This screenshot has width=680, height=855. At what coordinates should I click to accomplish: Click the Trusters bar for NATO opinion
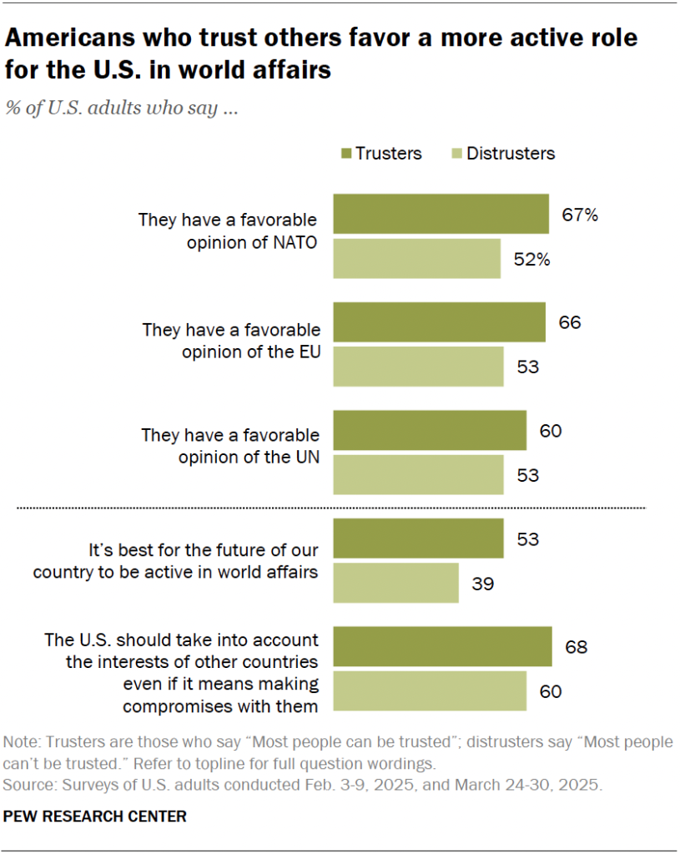441,214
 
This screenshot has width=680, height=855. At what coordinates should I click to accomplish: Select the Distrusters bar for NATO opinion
416,259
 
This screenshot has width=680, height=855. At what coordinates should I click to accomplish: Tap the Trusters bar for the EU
439,322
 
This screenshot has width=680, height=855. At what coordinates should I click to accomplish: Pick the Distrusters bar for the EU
418,367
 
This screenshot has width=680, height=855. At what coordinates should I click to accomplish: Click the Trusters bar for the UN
430,430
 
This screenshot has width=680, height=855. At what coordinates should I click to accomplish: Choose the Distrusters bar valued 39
395,583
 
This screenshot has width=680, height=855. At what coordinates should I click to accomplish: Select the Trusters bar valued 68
442,646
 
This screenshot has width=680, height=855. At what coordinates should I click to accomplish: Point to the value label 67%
579,215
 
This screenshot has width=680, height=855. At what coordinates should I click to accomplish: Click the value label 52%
531,260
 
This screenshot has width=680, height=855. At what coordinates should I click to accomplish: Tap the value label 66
569,323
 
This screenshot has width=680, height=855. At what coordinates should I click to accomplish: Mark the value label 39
482,583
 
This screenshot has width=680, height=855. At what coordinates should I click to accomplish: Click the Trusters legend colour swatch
346,154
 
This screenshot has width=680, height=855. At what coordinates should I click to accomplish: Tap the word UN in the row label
306,458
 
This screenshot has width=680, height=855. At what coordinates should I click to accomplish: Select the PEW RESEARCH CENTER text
95,816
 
